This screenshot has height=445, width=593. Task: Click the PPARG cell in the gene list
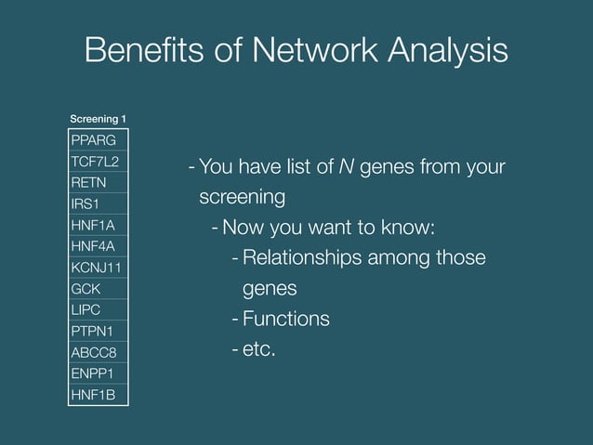(98, 140)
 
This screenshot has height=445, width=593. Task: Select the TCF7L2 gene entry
(98, 162)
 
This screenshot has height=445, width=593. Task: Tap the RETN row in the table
(98, 183)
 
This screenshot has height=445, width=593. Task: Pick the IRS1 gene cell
(98, 203)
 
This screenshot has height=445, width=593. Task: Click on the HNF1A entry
(98, 225)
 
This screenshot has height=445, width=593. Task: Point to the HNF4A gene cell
(98, 246)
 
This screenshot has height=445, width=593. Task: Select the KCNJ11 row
(98, 268)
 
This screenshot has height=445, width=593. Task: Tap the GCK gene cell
(98, 289)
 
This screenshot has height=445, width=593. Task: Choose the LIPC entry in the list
(98, 309)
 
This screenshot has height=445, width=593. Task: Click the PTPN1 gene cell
(98, 331)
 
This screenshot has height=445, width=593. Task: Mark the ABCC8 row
(98, 352)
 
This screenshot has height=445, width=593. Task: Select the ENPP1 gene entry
(98, 373)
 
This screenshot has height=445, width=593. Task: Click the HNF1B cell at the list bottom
(98, 395)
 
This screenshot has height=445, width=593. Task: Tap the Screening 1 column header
(99, 119)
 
